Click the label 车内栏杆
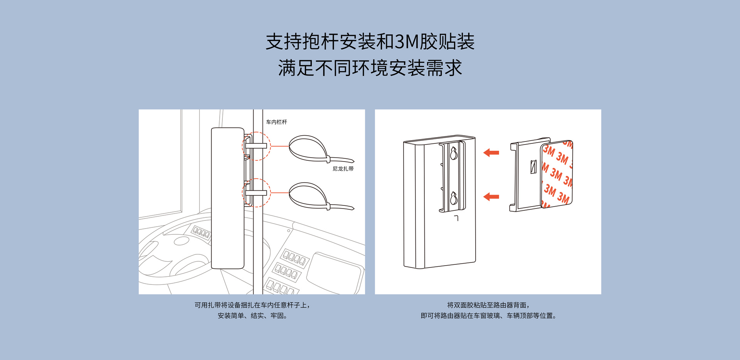[276, 122]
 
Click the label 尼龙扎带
[343, 169]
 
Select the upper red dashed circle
[256, 146]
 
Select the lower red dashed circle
[256, 193]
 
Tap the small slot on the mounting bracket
[533, 167]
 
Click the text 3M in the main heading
[407, 42]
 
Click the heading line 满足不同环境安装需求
[370, 68]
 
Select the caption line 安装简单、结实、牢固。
[252, 316]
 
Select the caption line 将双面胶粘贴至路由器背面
[488, 305]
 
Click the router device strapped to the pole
[227, 198]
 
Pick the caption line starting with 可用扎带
[252, 305]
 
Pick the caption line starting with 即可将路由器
[488, 316]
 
